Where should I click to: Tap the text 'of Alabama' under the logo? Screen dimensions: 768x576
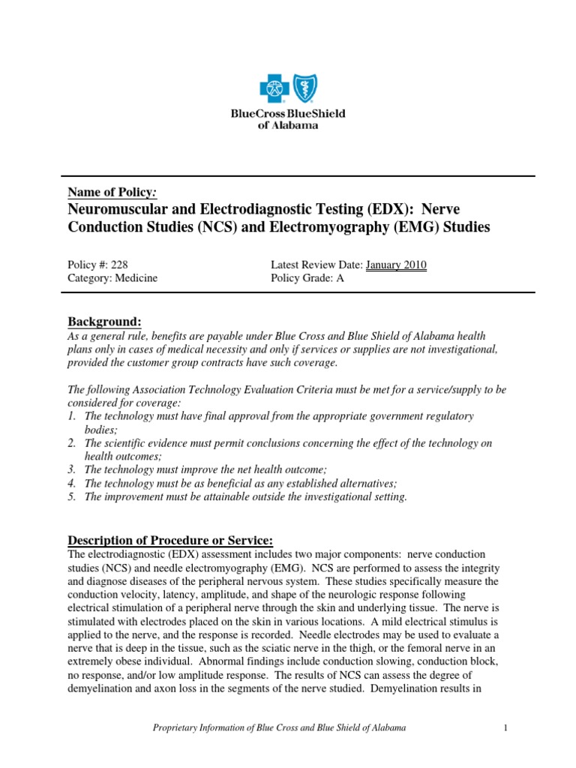(x=288, y=125)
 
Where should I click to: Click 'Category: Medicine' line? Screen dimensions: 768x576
(x=112, y=278)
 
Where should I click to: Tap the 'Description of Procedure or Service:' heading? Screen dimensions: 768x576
(x=171, y=541)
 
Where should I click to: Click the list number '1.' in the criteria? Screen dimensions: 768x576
(x=73, y=415)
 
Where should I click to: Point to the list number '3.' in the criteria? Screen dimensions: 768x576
(x=73, y=469)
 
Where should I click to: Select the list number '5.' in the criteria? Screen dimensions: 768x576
(x=73, y=497)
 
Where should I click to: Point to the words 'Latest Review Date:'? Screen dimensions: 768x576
(x=316, y=265)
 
